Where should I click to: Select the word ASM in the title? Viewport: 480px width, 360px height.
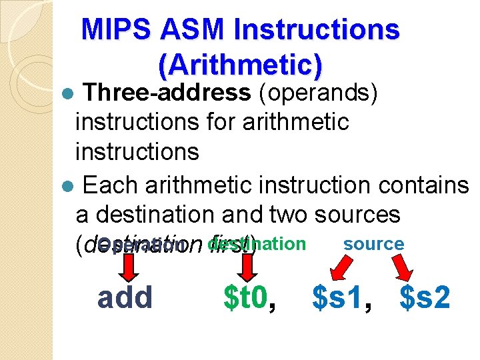click(x=184, y=30)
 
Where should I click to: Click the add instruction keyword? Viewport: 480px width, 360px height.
click(x=125, y=297)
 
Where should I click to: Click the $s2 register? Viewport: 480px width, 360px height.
click(x=425, y=297)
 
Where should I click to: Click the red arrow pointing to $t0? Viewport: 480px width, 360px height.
click(x=248, y=267)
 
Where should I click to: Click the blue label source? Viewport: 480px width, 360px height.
click(x=373, y=244)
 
